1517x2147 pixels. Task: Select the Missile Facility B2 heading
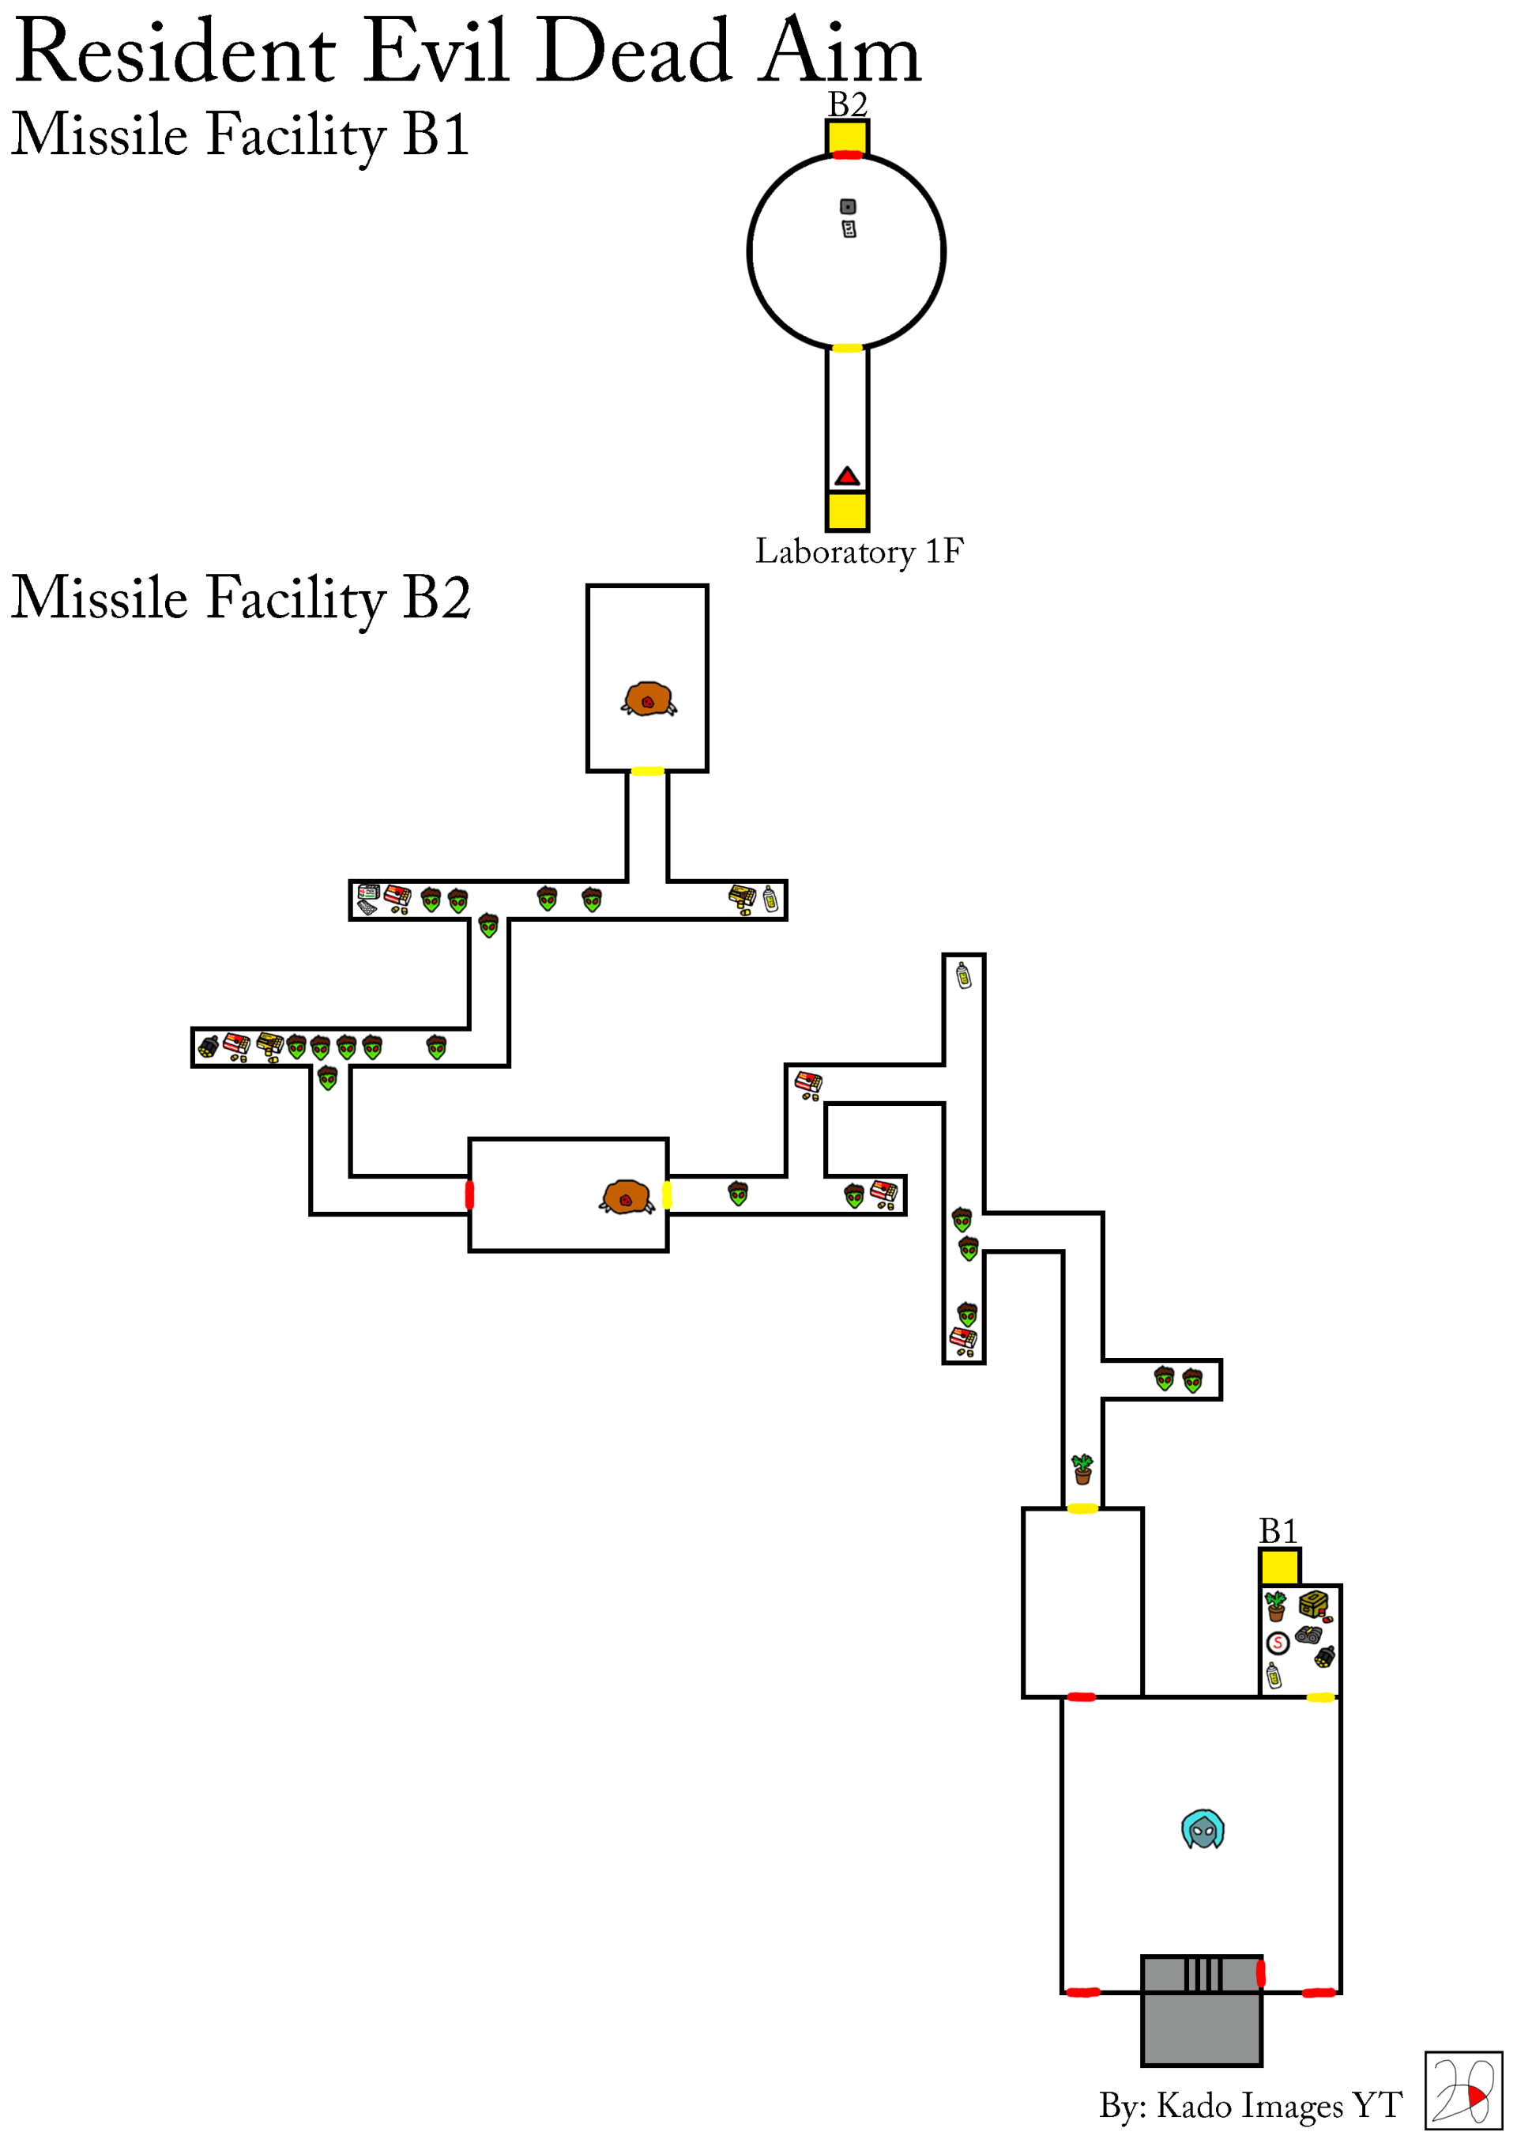240,598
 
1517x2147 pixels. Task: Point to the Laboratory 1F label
858,552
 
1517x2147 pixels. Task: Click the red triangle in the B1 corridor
847,477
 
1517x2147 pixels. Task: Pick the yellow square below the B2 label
847,137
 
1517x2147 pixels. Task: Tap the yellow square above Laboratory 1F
847,511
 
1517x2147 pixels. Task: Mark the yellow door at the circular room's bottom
847,348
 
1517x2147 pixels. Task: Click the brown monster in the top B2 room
648,700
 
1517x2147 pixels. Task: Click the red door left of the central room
469,1195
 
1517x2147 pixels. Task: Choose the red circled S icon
1277,1643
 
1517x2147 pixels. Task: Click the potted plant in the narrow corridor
1082,1469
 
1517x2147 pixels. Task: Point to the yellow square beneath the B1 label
1278,1568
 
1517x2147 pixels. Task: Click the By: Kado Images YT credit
1250,2105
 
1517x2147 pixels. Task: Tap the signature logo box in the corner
1462,2091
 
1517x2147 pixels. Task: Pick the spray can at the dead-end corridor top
964,976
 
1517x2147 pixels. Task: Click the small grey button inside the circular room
848,206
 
